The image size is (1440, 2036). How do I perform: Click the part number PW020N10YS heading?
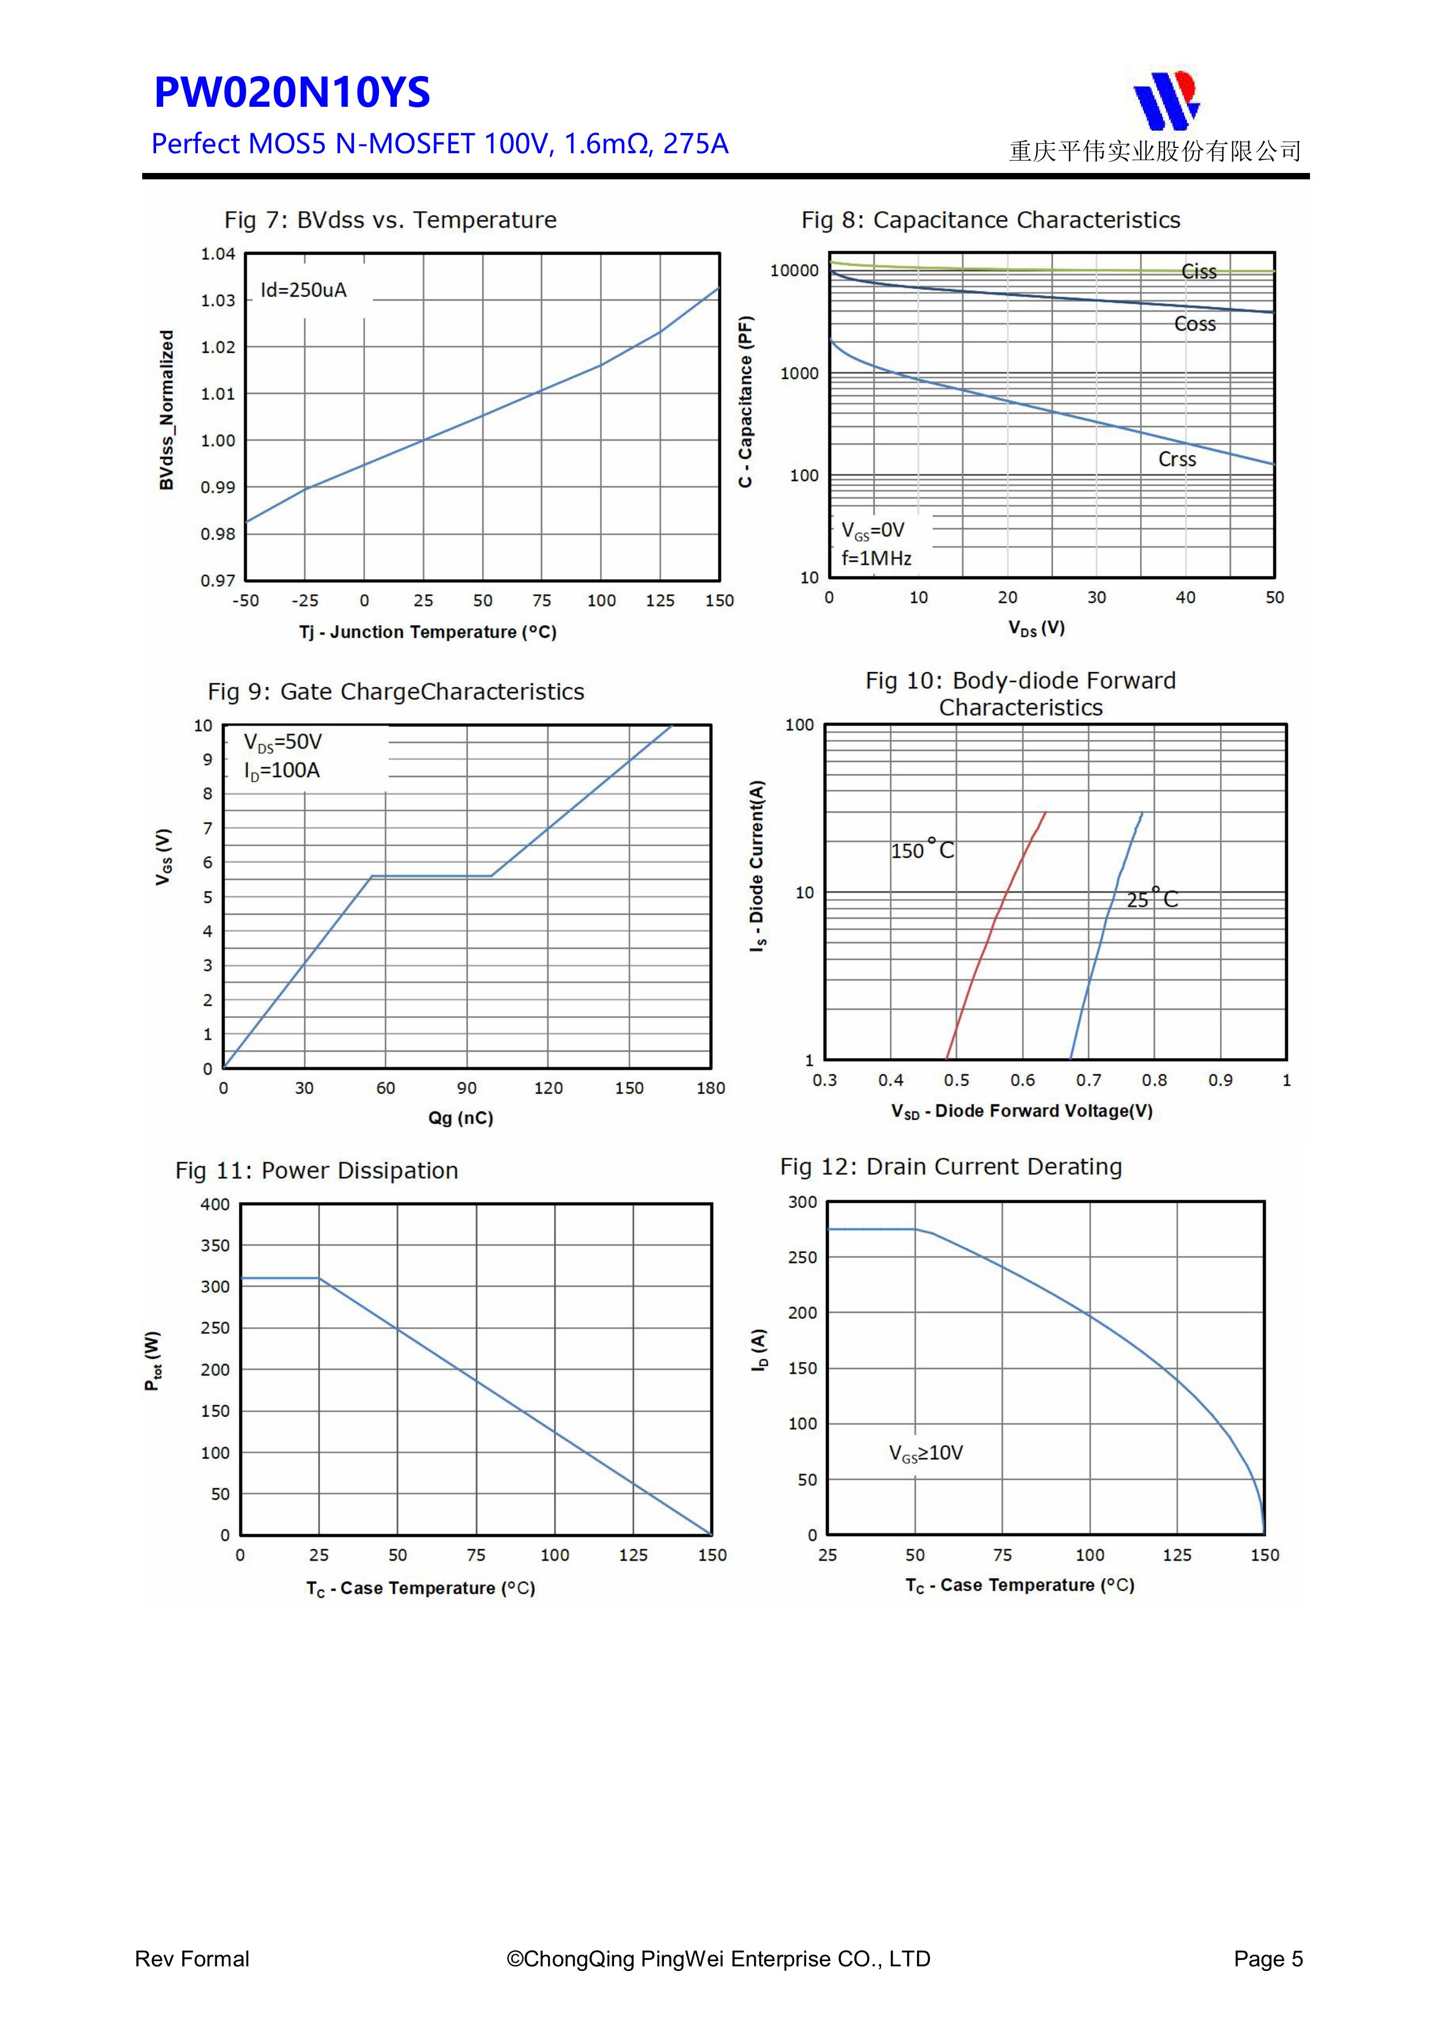(x=292, y=92)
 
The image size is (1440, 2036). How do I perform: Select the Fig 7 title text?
(x=390, y=220)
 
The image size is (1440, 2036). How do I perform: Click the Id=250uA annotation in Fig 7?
(x=303, y=290)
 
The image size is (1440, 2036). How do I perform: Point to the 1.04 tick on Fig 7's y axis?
(x=217, y=254)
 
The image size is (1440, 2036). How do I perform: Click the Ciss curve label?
(x=1199, y=272)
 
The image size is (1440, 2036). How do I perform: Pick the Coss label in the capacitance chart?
(x=1194, y=324)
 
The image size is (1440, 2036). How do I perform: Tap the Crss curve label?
(x=1176, y=459)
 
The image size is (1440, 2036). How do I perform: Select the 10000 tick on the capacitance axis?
(x=795, y=270)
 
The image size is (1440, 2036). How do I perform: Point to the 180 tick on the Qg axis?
(x=710, y=1088)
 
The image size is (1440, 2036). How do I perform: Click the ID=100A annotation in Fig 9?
(x=282, y=771)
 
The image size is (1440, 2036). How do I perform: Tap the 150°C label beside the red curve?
(x=922, y=850)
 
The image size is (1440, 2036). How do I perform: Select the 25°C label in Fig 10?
(x=1152, y=898)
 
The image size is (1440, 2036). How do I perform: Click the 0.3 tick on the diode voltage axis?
(x=825, y=1080)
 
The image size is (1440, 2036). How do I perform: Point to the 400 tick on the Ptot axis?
(x=215, y=1204)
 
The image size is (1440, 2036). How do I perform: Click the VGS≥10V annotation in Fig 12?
(x=926, y=1453)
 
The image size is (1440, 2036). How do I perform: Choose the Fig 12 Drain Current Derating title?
(x=951, y=1167)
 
